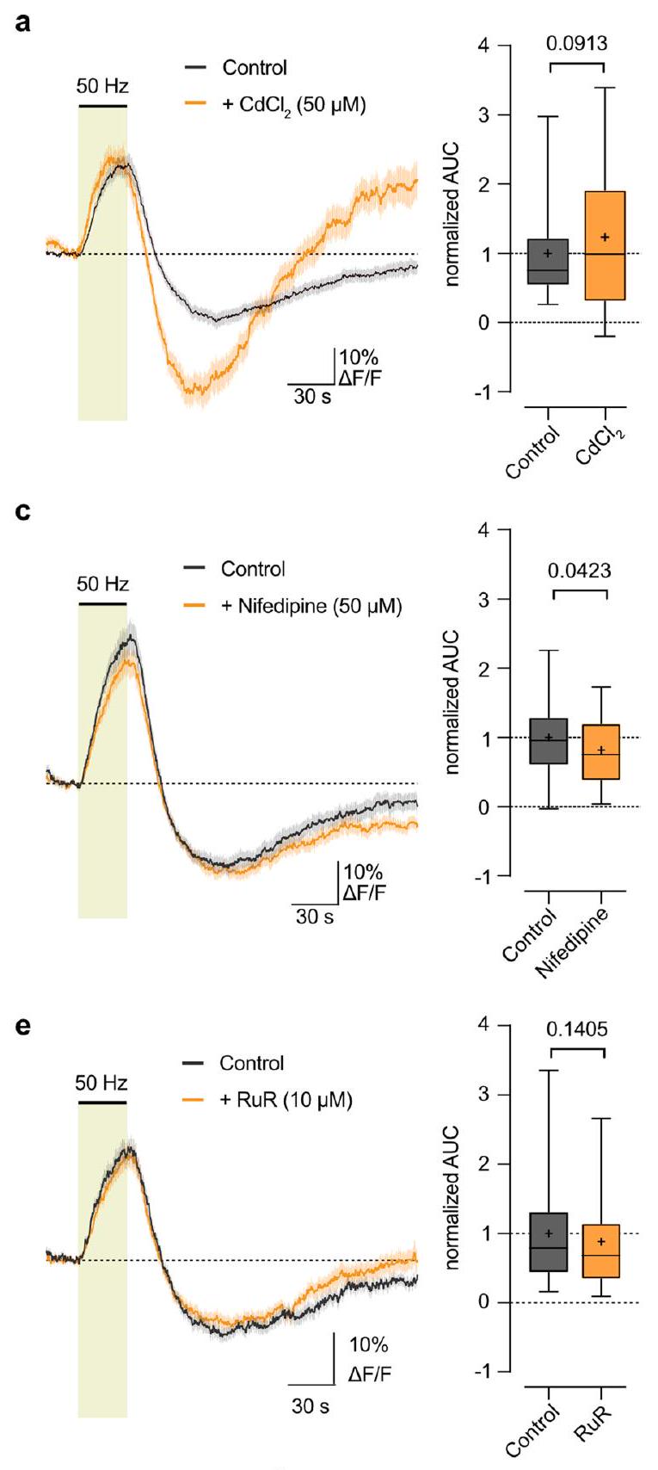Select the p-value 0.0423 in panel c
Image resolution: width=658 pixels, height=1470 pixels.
coord(579,570)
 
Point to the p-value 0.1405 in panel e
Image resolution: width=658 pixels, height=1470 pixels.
coord(577,1028)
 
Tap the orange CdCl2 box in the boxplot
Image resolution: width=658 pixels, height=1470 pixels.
coord(606,245)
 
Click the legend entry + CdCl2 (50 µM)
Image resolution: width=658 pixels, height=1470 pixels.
coord(293,106)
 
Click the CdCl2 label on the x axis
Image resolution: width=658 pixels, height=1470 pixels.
coord(600,444)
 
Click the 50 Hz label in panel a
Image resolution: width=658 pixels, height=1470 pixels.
coord(102,86)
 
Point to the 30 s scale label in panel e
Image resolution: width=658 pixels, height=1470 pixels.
coord(310,1406)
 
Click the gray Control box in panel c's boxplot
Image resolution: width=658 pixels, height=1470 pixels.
coord(549,740)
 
